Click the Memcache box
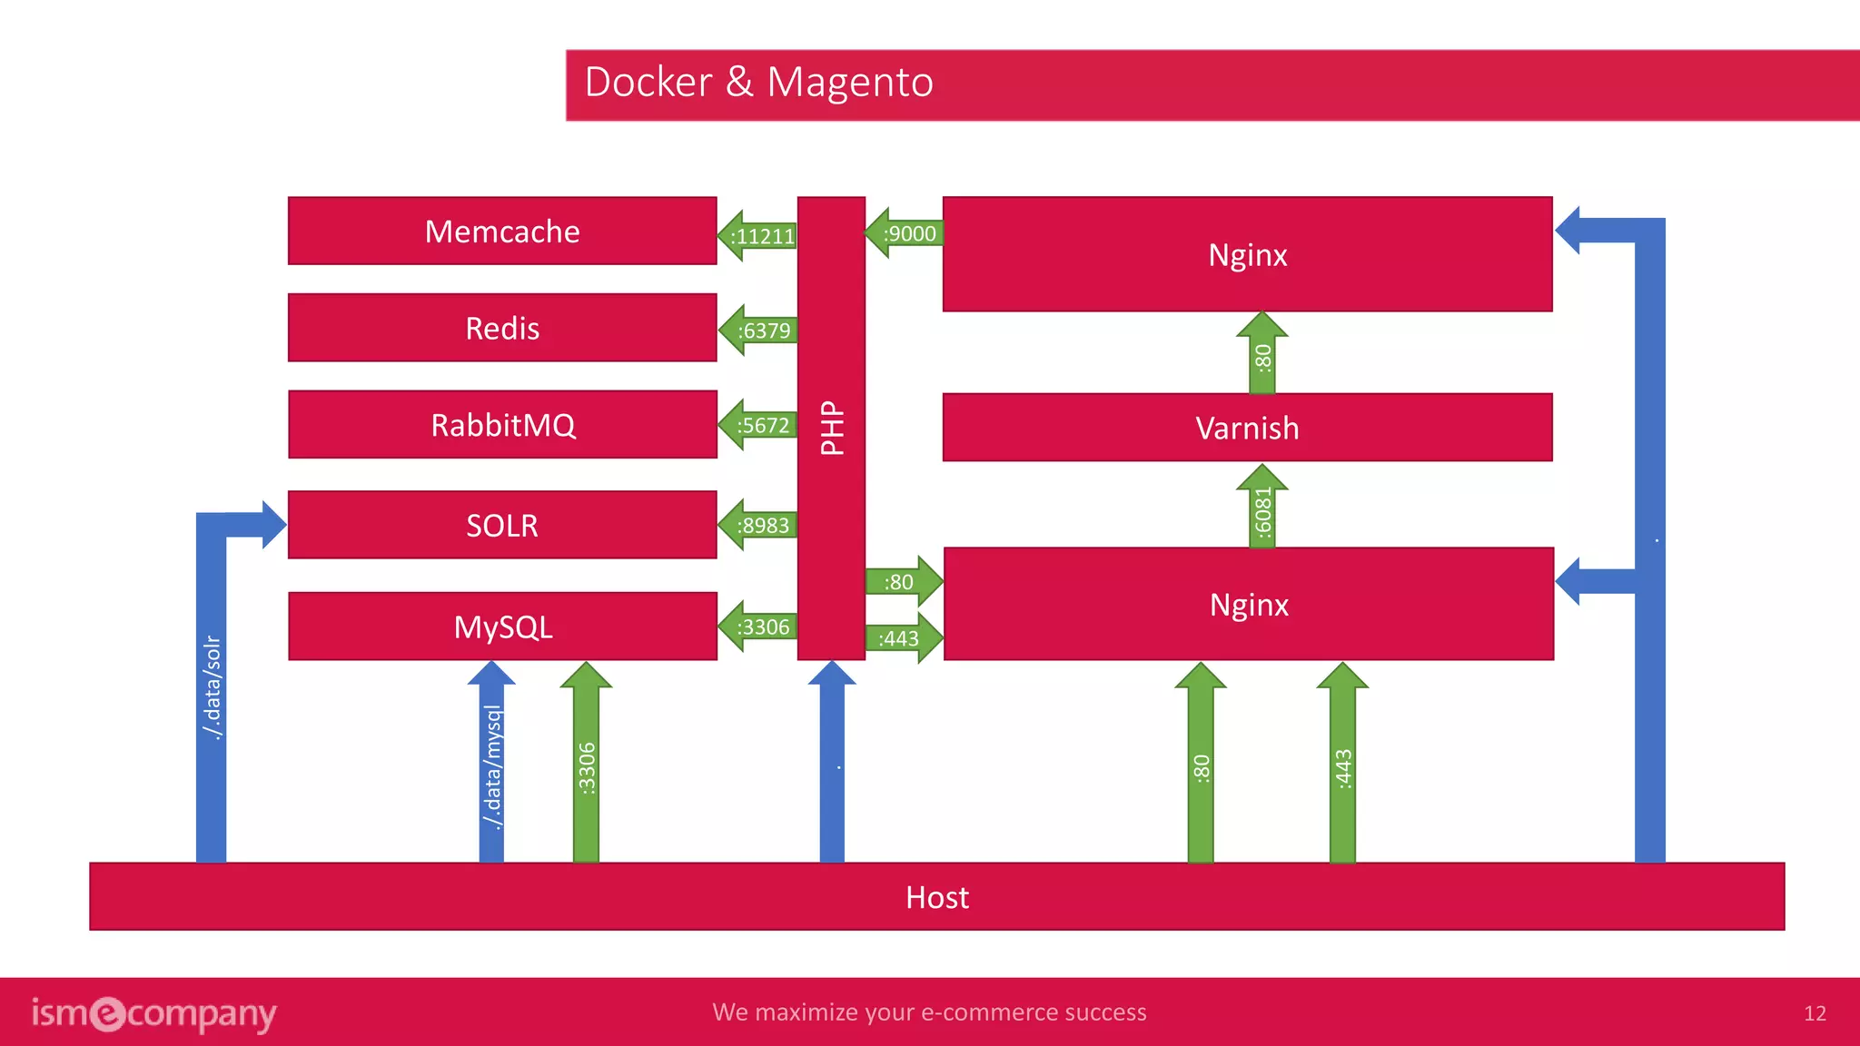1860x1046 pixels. point(502,232)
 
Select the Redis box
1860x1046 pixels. point(502,328)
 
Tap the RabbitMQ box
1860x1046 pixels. point(502,425)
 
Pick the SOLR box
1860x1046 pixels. point(502,525)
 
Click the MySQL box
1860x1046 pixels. point(502,627)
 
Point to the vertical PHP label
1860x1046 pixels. point(832,428)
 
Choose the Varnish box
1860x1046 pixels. point(1247,428)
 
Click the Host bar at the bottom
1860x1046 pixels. point(936,897)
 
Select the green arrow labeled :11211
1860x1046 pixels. point(759,236)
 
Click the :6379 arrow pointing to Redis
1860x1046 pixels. point(759,331)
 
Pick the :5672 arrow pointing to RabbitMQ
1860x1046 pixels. point(759,425)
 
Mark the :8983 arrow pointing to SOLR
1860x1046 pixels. point(759,526)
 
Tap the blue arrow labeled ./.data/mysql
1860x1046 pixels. point(491,767)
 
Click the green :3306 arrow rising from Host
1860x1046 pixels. point(587,767)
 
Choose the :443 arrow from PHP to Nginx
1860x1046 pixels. point(902,638)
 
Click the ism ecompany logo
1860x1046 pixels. point(153,1013)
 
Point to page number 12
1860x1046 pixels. point(1814,1013)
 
